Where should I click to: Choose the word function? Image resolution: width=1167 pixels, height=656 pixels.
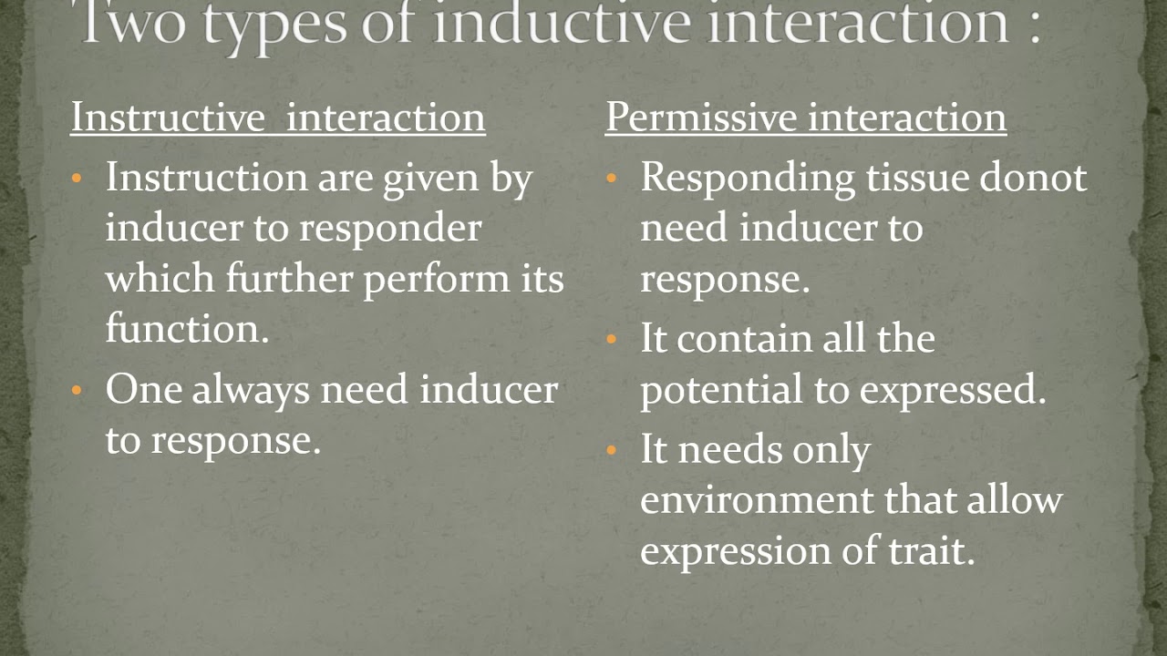(x=187, y=328)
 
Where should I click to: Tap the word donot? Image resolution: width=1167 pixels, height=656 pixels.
(x=1034, y=178)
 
